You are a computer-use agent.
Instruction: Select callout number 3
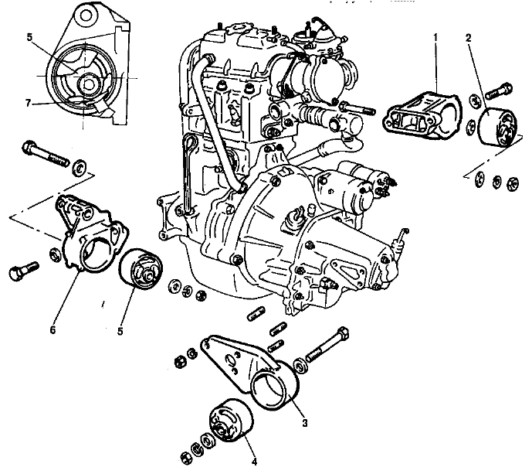[305, 423]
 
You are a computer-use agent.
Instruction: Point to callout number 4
[255, 463]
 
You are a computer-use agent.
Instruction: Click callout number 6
[53, 330]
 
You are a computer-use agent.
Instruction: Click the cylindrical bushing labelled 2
[499, 128]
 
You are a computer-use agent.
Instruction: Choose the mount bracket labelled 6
[89, 236]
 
